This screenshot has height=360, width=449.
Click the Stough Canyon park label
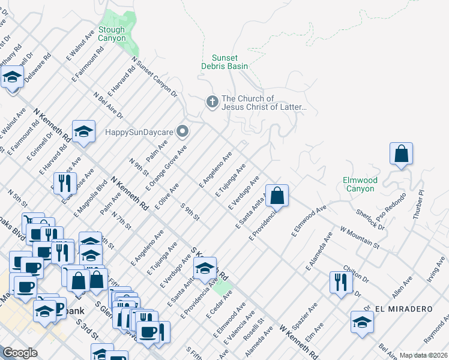coord(112,34)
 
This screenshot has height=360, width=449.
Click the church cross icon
coord(211,103)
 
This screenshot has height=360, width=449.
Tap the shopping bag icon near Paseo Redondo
coord(401,154)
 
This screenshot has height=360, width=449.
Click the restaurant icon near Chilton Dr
coord(340,282)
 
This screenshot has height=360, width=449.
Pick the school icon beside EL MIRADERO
coord(362,322)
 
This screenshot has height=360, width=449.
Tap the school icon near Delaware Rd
coord(12,77)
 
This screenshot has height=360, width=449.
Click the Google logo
coord(20,353)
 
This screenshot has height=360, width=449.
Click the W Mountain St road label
coord(360,237)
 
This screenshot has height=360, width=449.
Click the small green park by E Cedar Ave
coord(223,287)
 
